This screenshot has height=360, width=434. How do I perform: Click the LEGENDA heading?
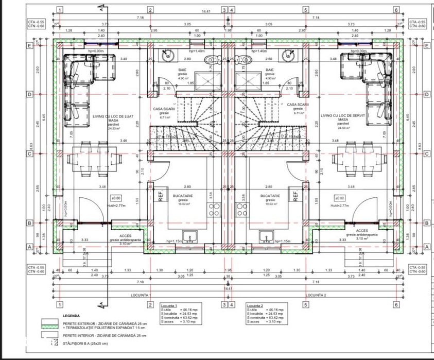[71, 315]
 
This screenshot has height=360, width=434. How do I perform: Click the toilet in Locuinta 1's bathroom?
[210, 62]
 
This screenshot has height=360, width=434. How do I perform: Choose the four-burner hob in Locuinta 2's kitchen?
[241, 209]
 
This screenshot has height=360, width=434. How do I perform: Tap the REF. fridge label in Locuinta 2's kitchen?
[296, 196]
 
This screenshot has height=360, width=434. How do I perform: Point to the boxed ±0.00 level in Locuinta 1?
[116, 198]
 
